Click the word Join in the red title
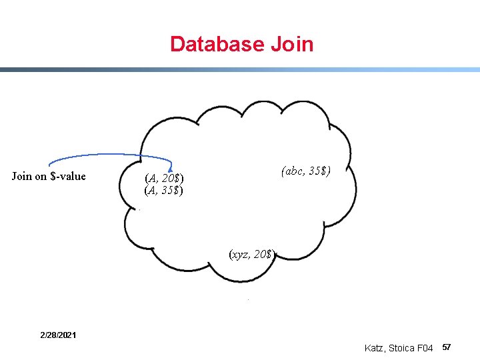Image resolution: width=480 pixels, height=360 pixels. [292, 45]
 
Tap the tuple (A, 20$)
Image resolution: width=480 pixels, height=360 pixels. [164, 178]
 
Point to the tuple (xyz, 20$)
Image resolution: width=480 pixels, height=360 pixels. [251, 254]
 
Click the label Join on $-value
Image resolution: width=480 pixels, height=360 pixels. [49, 177]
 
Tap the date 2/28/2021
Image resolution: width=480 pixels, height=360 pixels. [57, 334]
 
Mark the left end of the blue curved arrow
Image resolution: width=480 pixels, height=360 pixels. [49, 163]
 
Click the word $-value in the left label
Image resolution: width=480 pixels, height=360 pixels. [68, 177]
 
